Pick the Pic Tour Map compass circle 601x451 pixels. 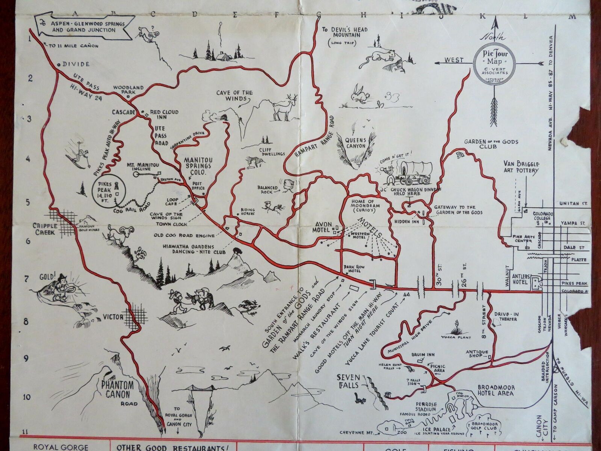[495, 63]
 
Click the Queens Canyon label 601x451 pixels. [355, 142]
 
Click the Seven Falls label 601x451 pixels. [349, 380]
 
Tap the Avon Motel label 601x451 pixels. [323, 227]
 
